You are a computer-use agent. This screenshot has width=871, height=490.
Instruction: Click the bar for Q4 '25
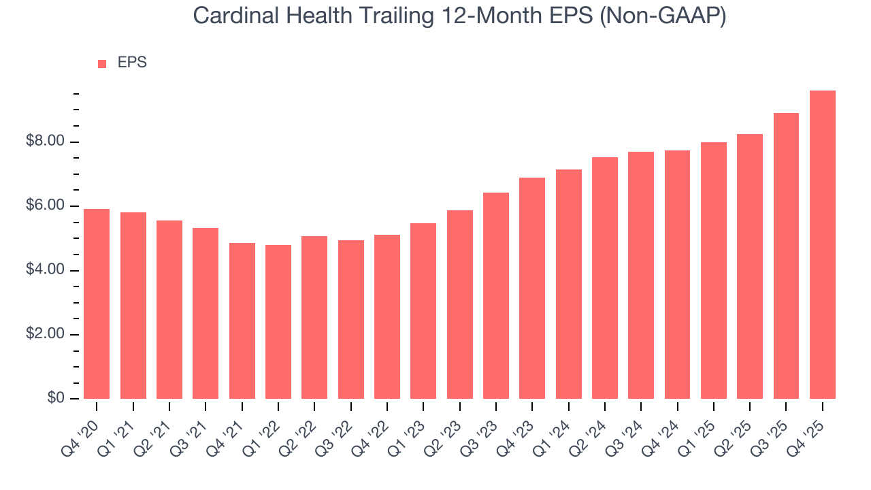[823, 245]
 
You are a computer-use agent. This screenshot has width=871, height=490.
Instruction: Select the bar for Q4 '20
[97, 304]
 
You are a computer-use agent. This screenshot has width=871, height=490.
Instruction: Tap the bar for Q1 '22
[278, 322]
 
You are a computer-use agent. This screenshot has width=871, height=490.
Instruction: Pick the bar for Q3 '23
[496, 295]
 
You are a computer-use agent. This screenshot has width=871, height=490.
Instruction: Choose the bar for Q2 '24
[605, 278]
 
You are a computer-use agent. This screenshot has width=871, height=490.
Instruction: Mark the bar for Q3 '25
[786, 256]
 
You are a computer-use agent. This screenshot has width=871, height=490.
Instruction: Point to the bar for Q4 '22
[387, 316]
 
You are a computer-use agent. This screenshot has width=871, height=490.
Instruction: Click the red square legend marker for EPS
[102, 63]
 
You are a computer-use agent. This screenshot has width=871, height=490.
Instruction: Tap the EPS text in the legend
[132, 63]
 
